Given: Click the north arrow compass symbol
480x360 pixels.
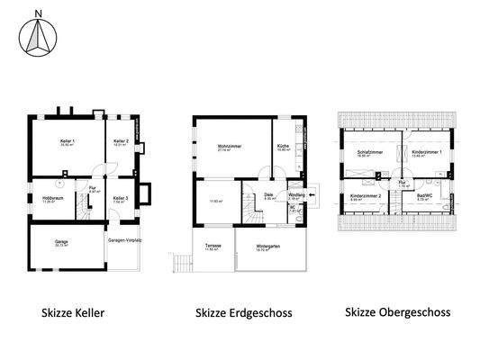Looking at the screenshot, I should tap(37, 35).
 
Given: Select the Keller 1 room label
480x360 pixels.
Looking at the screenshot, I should tap(67, 141).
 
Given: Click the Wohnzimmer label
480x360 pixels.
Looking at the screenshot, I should tap(229, 146).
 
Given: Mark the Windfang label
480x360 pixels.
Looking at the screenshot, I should tap(294, 193).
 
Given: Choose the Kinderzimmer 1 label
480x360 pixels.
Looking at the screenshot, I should tap(423, 154).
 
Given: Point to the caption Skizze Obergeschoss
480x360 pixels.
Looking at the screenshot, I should tap(397, 313).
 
